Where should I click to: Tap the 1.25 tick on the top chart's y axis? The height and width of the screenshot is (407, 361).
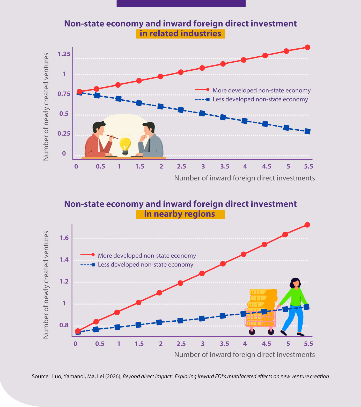pyautogui.click(x=64, y=54)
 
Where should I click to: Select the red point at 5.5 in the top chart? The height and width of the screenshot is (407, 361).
pyautogui.click(x=307, y=47)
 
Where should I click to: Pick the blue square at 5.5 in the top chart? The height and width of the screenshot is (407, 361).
pyautogui.click(x=307, y=131)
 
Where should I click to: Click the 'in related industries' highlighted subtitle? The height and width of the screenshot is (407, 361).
pyautogui.click(x=180, y=34)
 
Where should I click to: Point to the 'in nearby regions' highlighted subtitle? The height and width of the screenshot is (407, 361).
pyautogui.click(x=180, y=214)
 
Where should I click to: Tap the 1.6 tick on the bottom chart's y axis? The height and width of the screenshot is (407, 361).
pyautogui.click(x=64, y=238)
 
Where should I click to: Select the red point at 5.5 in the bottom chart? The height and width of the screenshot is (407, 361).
pyautogui.click(x=307, y=225)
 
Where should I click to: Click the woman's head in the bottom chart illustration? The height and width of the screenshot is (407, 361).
pyautogui.click(x=295, y=283)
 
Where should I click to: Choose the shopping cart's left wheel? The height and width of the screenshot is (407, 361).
pyautogui.click(x=252, y=331)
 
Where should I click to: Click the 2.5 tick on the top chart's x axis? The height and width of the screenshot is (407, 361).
pyautogui.click(x=181, y=166)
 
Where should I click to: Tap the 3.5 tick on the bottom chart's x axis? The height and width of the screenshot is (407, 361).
pyautogui.click(x=225, y=344)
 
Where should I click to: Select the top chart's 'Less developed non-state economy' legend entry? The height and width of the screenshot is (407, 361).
pyautogui.click(x=252, y=100)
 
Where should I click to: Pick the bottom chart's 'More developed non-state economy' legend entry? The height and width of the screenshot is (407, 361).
pyautogui.click(x=138, y=256)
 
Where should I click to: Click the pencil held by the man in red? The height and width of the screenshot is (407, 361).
pyautogui.click(x=112, y=136)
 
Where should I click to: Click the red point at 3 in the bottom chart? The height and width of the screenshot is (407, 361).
pyautogui.click(x=202, y=273)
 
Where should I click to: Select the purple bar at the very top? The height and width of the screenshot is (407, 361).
pyautogui.click(x=181, y=4)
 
